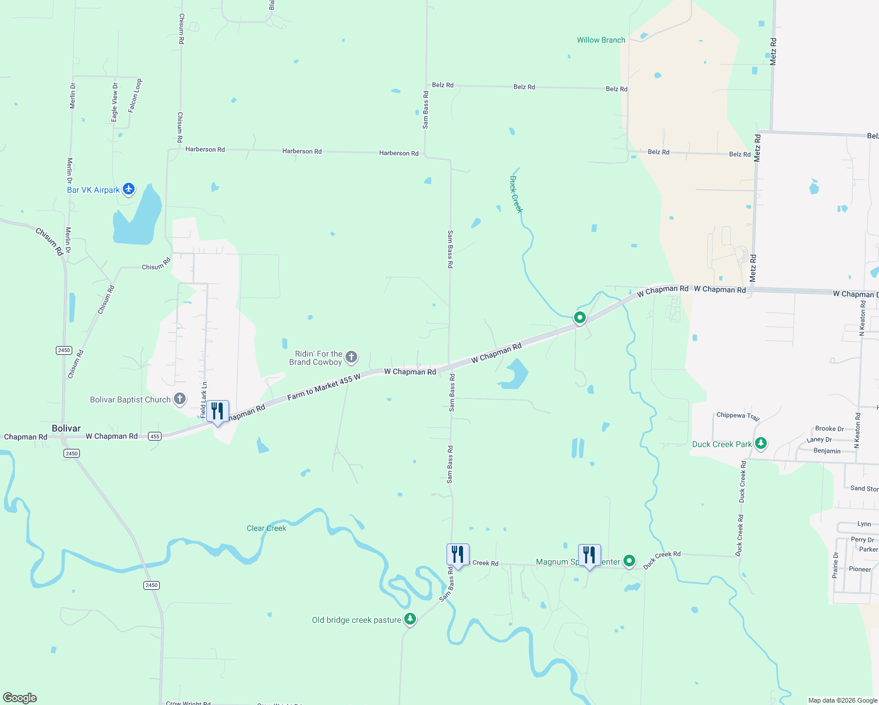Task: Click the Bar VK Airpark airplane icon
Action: pyautogui.click(x=129, y=189)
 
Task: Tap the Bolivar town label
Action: pyautogui.click(x=66, y=428)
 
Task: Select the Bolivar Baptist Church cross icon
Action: pyautogui.click(x=180, y=399)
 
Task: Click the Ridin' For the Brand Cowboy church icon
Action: pyautogui.click(x=351, y=357)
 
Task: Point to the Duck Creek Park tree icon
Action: pyautogui.click(x=761, y=444)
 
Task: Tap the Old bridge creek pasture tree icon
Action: pyautogui.click(x=410, y=619)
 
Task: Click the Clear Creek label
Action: pyautogui.click(x=266, y=528)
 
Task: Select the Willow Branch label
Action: pyautogui.click(x=600, y=40)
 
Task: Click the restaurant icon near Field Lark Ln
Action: pyautogui.click(x=217, y=411)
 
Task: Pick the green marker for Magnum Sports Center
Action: pyautogui.click(x=629, y=561)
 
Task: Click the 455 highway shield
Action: pyautogui.click(x=155, y=436)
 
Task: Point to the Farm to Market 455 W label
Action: pyautogui.click(x=324, y=388)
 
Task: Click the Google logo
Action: pyautogui.click(x=20, y=697)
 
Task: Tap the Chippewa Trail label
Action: pyautogui.click(x=738, y=416)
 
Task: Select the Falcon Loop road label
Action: pyautogui.click(x=135, y=95)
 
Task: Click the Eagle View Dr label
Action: pyautogui.click(x=115, y=102)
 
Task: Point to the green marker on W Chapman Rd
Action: pyautogui.click(x=580, y=318)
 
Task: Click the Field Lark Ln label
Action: pyautogui.click(x=204, y=399)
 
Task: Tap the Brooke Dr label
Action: pyautogui.click(x=829, y=428)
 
